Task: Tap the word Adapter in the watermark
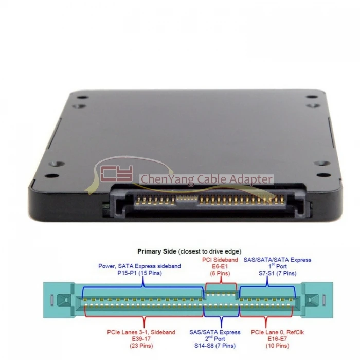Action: point(249,179)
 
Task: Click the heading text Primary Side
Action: point(157,252)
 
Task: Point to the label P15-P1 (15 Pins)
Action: point(139,274)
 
